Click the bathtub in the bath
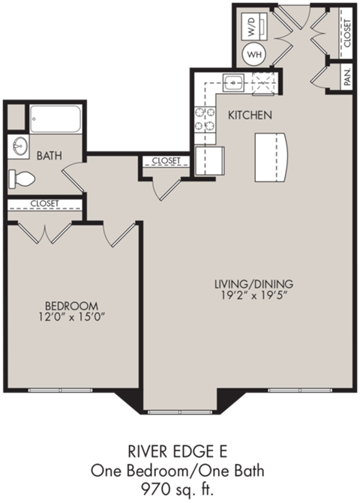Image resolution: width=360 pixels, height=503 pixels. click(x=55, y=118)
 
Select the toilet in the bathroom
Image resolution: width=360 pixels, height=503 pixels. click(x=22, y=178)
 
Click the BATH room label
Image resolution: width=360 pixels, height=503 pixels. click(x=49, y=156)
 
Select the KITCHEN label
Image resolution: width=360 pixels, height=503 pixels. click(x=250, y=115)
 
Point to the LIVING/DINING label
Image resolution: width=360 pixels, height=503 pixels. click(x=253, y=284)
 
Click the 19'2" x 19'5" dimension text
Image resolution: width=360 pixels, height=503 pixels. click(x=253, y=297)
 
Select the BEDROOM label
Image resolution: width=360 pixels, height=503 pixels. click(x=72, y=305)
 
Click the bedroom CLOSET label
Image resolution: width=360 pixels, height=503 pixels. click(x=44, y=204)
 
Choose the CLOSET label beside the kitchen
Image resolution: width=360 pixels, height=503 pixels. click(x=166, y=160)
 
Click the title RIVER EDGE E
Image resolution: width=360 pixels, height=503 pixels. click(x=178, y=453)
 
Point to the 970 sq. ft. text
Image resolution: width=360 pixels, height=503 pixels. click(x=178, y=487)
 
